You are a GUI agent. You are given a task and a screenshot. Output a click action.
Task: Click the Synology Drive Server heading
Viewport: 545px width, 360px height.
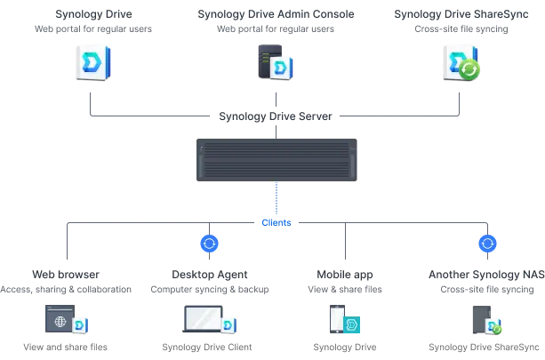276,116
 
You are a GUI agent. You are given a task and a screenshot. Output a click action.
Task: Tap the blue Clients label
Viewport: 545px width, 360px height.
277,223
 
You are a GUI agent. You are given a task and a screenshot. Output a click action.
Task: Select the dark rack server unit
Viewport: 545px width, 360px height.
277,160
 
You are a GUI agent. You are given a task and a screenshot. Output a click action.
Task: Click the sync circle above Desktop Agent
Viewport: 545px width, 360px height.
209,244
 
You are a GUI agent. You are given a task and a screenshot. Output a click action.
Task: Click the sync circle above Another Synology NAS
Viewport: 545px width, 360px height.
487,244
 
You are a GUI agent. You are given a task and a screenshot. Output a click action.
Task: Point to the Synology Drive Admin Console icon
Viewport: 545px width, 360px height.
276,62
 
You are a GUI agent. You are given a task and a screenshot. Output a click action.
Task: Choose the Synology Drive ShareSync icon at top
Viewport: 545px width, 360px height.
461,62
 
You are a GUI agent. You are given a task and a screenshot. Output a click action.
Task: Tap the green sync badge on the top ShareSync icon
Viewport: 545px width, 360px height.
469,70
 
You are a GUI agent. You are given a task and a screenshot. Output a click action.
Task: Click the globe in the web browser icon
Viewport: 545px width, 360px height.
60,322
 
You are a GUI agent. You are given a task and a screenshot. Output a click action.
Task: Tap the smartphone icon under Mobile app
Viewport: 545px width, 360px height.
337,319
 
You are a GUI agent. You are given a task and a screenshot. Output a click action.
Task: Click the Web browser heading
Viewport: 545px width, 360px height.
66,275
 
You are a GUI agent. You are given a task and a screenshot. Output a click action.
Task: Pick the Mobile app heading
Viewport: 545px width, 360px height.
345,275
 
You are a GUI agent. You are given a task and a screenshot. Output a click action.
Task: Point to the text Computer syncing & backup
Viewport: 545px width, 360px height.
210,290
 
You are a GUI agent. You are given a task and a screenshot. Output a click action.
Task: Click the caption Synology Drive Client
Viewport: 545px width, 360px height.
207,347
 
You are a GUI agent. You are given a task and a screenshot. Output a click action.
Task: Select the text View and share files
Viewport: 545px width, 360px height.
65,347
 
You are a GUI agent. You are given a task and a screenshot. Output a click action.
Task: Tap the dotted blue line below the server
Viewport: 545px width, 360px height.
277,198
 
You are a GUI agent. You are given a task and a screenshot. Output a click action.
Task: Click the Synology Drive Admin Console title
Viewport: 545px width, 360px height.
276,14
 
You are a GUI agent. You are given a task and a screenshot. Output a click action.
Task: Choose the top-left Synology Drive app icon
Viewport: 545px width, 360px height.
93,62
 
